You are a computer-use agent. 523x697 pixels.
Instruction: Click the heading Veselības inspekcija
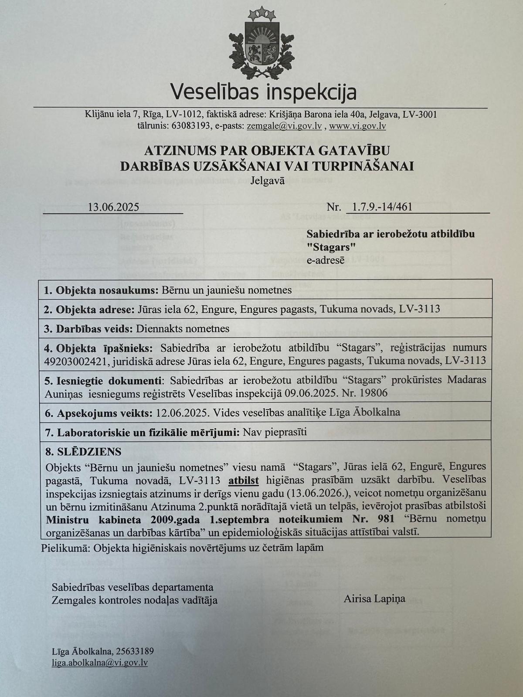click(263, 91)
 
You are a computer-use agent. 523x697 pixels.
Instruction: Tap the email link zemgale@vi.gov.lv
click(284, 126)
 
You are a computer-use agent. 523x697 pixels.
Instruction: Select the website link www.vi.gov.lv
click(357, 126)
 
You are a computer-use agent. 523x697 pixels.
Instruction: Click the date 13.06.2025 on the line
click(113, 207)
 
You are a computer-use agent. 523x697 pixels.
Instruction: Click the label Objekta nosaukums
click(107, 290)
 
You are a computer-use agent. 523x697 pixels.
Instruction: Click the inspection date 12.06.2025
click(180, 413)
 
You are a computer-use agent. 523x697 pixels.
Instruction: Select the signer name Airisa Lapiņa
click(374, 599)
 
